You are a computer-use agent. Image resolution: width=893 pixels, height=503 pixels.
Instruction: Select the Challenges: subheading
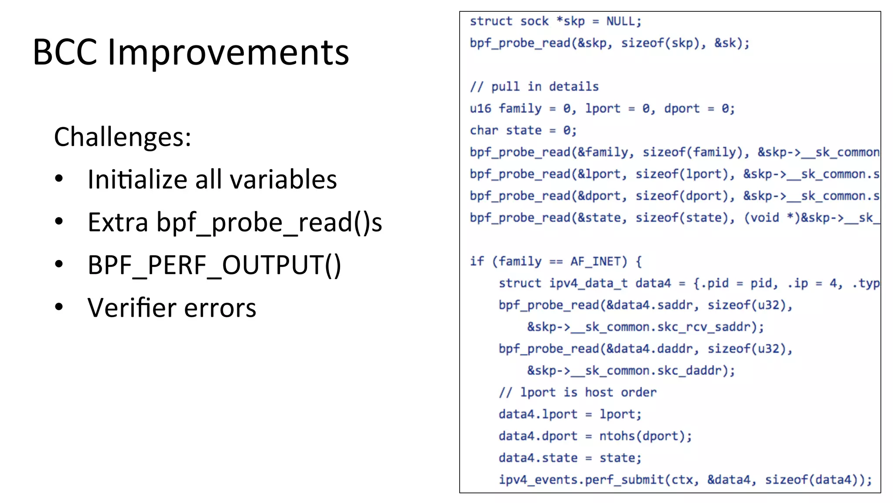click(x=123, y=137)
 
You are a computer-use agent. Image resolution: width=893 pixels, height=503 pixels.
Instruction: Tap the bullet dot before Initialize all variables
click(x=59, y=178)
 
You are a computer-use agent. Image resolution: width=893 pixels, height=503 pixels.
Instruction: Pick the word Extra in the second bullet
click(x=118, y=222)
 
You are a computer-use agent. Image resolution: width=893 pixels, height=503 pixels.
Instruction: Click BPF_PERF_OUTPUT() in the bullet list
click(x=214, y=265)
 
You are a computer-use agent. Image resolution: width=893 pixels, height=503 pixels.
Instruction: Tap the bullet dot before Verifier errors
click(x=59, y=307)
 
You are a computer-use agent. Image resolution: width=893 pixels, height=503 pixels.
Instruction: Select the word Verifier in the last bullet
click(x=131, y=308)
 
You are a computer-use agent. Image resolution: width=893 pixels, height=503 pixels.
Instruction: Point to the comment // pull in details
click(x=534, y=86)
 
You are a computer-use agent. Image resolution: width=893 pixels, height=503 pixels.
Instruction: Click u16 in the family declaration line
click(x=480, y=108)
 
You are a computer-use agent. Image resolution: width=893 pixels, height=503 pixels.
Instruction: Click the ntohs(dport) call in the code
click(x=644, y=436)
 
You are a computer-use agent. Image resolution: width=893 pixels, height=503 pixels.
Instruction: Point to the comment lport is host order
click(x=578, y=392)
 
